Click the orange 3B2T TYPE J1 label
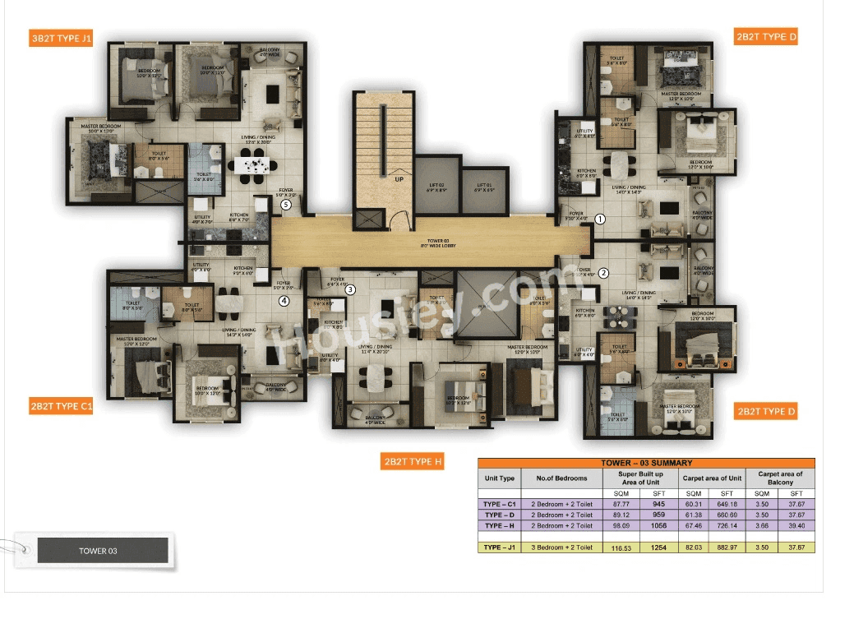(62, 39)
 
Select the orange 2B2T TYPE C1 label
(62, 407)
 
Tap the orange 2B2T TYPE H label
(412, 461)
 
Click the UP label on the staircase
(399, 178)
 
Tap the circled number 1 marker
(600, 219)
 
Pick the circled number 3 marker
(350, 289)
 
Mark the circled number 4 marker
(284, 301)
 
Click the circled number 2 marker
(602, 274)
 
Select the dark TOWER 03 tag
(103, 550)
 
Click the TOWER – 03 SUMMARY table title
(646, 463)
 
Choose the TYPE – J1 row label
(500, 547)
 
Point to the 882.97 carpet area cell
(726, 547)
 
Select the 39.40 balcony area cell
(796, 525)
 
